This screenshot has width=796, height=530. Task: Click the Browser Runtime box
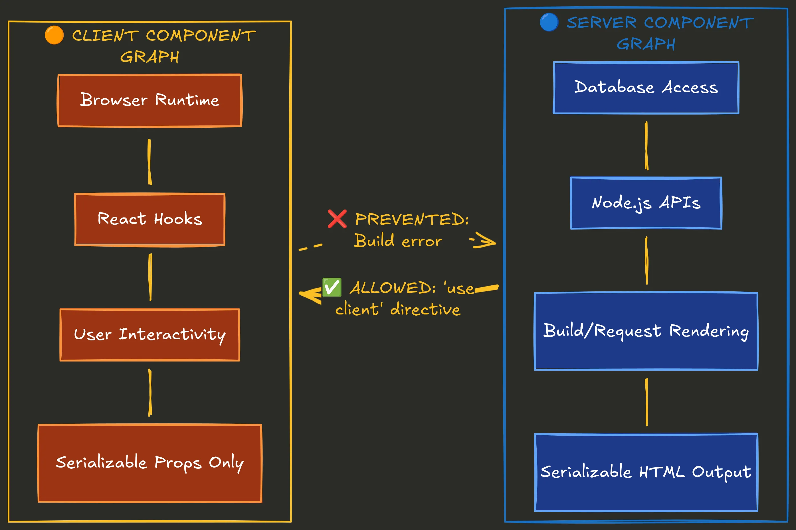pyautogui.click(x=149, y=100)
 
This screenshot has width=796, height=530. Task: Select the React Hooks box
pyautogui.click(x=149, y=219)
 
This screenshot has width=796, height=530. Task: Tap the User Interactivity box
pyautogui.click(x=149, y=335)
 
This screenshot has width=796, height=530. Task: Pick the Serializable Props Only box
pyautogui.click(x=149, y=463)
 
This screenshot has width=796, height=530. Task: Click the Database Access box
pyautogui.click(x=646, y=88)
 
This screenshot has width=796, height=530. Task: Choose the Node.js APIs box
pyautogui.click(x=646, y=203)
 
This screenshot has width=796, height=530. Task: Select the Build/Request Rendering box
pyautogui.click(x=646, y=331)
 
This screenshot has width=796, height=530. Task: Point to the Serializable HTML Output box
pyautogui.click(x=646, y=472)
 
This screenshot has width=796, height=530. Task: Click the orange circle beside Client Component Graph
pyautogui.click(x=54, y=35)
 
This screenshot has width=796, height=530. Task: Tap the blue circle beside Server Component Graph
pyautogui.click(x=549, y=22)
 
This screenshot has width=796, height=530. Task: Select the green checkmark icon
pyautogui.click(x=332, y=287)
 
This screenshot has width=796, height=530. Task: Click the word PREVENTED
pyautogui.click(x=411, y=219)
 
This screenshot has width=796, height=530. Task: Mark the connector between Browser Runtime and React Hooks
pyautogui.click(x=149, y=162)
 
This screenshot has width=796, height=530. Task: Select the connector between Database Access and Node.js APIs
pyautogui.click(x=646, y=146)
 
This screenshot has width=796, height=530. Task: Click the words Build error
pyautogui.click(x=398, y=241)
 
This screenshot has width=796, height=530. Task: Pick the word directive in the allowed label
pyautogui.click(x=425, y=310)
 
